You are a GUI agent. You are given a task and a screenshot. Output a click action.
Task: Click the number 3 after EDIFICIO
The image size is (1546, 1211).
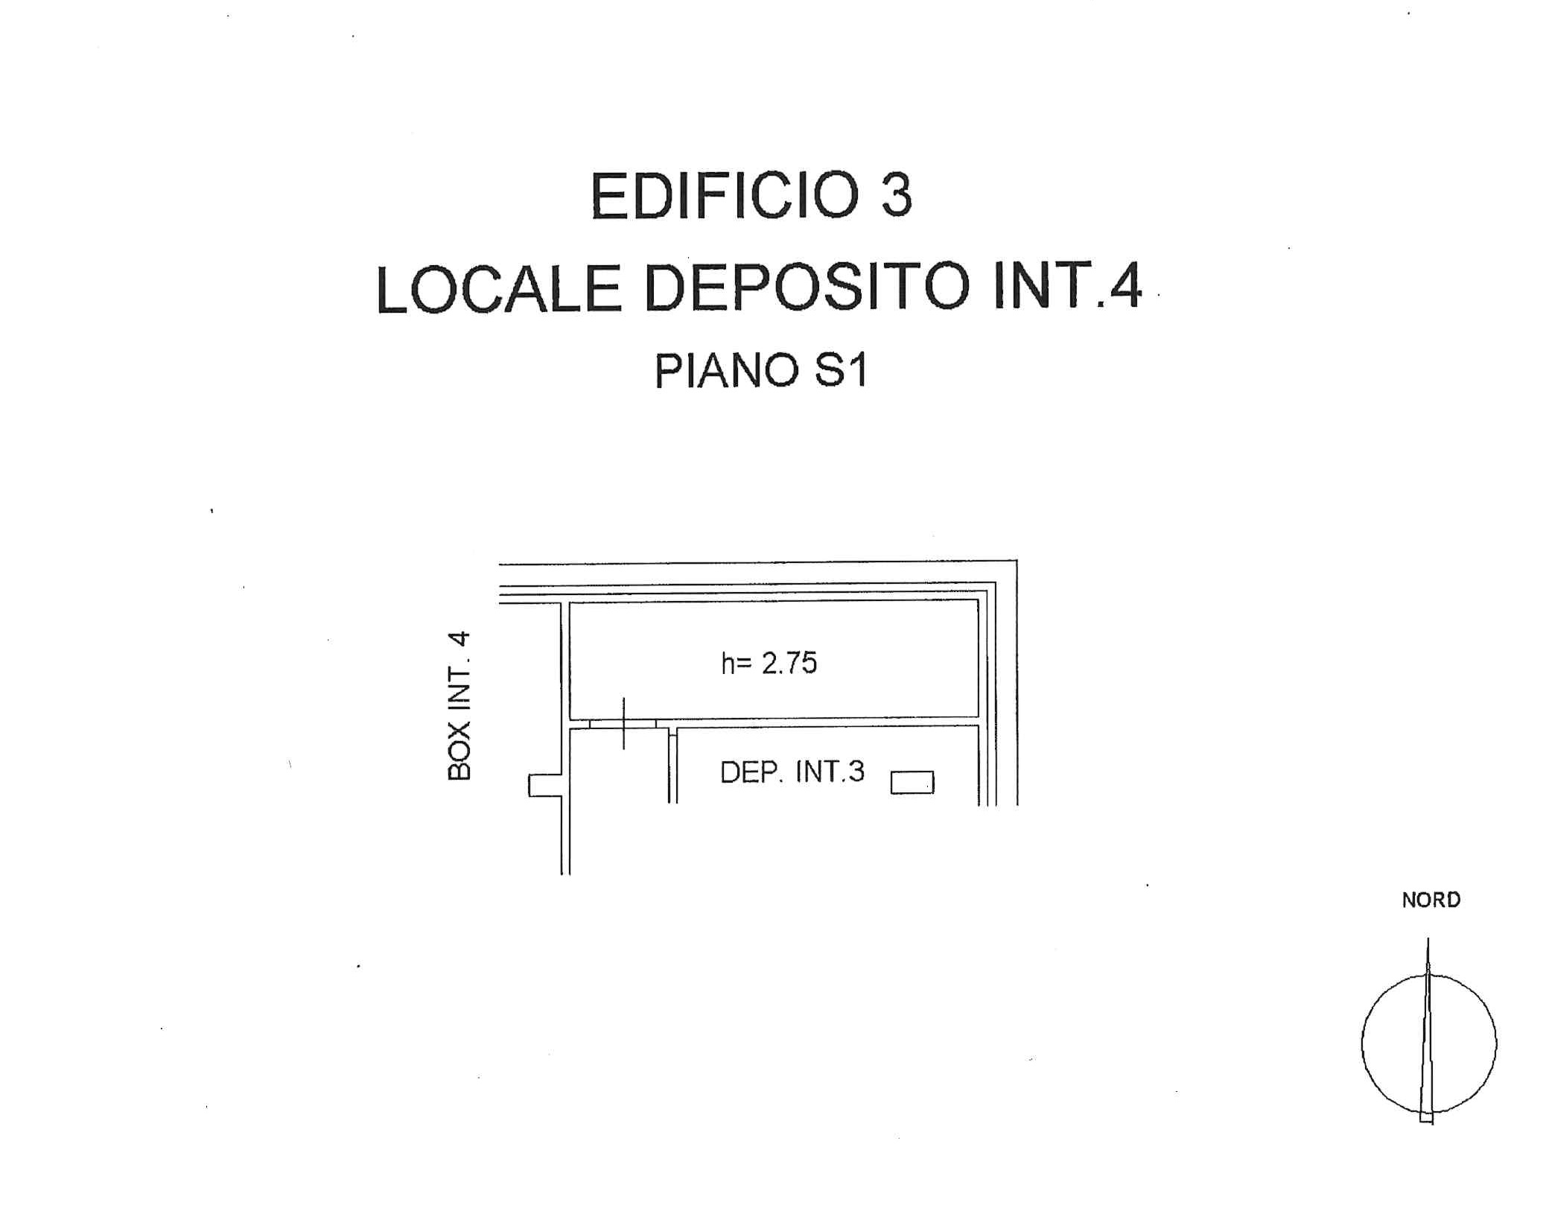tap(897, 195)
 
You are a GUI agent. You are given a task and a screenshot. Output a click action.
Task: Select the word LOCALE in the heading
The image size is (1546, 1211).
tap(499, 289)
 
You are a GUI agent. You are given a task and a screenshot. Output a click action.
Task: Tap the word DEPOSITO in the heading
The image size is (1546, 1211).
tap(807, 289)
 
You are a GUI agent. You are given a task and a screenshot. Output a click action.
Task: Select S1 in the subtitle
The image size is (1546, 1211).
tap(842, 371)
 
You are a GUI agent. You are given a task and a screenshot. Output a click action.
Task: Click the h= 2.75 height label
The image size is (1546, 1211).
tap(769, 663)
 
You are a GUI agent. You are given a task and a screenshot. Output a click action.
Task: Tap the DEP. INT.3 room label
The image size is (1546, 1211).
tap(792, 772)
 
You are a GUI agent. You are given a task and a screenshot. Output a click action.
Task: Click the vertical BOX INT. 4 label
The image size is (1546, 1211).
tap(459, 705)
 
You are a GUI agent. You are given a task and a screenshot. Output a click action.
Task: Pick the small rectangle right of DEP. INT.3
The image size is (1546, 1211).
tap(912, 783)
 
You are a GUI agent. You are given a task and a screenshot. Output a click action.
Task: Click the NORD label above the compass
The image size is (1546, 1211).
tap(1431, 900)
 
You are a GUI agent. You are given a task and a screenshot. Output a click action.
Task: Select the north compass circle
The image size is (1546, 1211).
tap(1362, 1043)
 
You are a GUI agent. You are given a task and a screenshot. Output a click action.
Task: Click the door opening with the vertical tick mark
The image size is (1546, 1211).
tap(623, 723)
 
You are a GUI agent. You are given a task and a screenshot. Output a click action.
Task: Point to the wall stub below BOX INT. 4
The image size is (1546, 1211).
tap(544, 786)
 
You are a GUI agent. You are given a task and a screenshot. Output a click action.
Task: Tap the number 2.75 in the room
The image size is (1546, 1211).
tap(789, 663)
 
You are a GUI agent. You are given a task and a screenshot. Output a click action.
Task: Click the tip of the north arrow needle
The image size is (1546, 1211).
tap(1428, 938)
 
